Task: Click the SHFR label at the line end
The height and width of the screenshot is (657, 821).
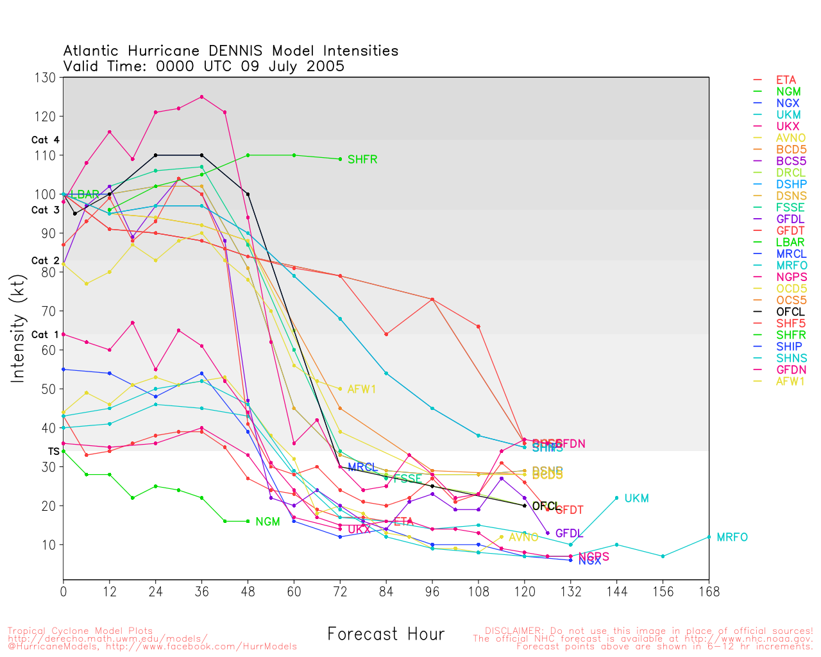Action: [x=362, y=160]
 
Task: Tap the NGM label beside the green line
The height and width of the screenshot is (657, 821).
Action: [x=267, y=522]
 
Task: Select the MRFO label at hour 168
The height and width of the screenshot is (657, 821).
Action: [x=732, y=538]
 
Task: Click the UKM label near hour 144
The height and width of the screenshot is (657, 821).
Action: [x=636, y=499]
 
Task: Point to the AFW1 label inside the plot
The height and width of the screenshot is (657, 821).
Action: [x=362, y=389]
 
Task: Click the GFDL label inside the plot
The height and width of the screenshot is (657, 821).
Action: [x=569, y=534]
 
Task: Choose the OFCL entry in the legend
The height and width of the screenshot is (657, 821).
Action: [x=790, y=312]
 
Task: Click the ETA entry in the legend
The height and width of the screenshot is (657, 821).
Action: [x=786, y=80]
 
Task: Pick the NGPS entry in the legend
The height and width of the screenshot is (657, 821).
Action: [x=791, y=277]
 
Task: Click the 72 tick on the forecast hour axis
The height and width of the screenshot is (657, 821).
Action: [x=340, y=592]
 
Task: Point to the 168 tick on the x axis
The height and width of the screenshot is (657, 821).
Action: [x=709, y=592]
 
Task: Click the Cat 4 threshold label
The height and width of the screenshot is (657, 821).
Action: [x=45, y=140]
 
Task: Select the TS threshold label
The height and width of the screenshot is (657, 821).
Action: [x=53, y=452]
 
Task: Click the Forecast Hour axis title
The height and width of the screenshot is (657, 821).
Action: [x=385, y=635]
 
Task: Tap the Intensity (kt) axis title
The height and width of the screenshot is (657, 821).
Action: [x=17, y=328]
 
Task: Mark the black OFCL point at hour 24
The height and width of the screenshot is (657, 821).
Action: [x=156, y=155]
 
